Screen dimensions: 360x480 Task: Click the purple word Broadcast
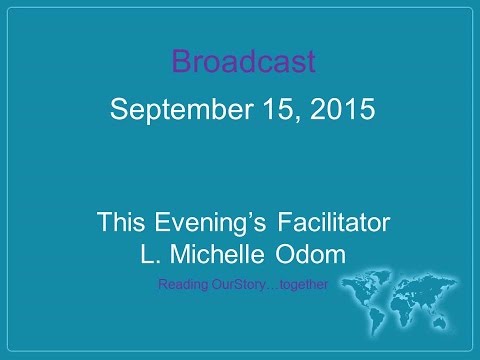tap(244, 62)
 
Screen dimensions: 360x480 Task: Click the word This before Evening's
tap(121, 222)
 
